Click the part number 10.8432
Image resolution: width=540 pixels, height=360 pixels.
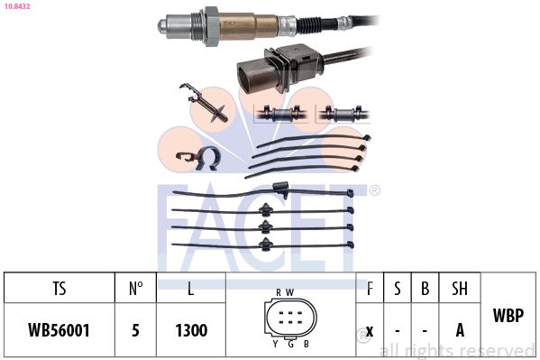click(18, 6)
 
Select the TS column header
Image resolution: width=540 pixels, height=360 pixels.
click(59, 289)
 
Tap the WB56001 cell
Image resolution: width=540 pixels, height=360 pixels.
click(59, 331)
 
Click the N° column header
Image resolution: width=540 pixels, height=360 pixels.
click(135, 289)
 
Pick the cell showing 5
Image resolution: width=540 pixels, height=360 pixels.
click(135, 331)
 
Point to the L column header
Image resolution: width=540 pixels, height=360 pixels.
click(190, 289)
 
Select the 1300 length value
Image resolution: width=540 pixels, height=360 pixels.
click(190, 331)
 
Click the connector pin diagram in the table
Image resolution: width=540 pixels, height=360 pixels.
click(289, 317)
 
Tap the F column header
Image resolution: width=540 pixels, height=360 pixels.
click(370, 289)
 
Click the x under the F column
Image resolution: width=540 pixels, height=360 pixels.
click(370, 331)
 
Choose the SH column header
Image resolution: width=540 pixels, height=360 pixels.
click(460, 289)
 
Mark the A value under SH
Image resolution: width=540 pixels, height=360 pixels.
click(460, 331)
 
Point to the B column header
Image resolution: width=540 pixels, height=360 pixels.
click(424, 289)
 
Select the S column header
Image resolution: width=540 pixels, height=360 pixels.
click(397, 289)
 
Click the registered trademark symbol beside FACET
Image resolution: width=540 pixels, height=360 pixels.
click(375, 190)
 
